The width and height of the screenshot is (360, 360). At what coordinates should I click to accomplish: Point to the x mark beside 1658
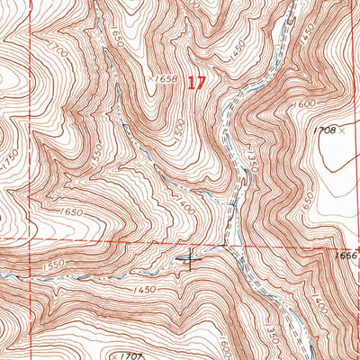pyautogui.click(x=149, y=79)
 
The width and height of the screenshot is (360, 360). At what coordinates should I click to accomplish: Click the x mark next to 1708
pyautogui.click(x=344, y=130)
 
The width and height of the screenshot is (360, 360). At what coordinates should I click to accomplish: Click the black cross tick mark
pyautogui.click(x=190, y=258)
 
